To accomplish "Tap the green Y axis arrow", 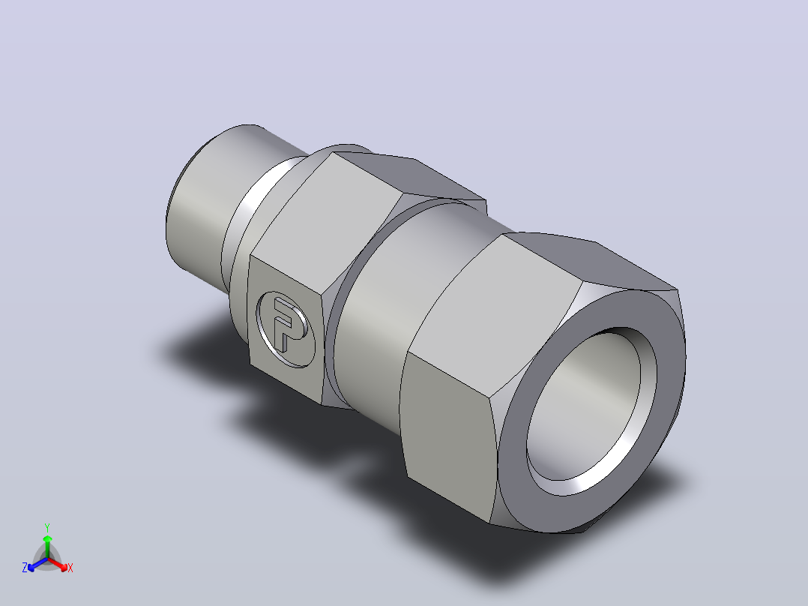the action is [47, 546].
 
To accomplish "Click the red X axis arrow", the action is [58, 564].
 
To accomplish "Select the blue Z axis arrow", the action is [37, 564].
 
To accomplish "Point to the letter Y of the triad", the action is [47, 527].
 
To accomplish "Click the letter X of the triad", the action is [70, 568].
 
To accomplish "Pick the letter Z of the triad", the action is [24, 567].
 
